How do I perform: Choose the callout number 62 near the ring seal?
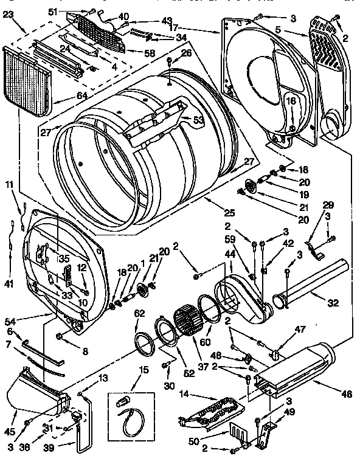coord(140,313)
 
